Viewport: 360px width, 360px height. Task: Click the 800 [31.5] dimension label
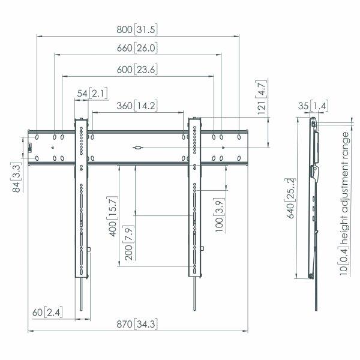137,29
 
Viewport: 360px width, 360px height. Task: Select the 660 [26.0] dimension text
137,48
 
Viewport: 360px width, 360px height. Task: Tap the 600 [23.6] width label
137,70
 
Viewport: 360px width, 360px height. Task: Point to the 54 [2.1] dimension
92,94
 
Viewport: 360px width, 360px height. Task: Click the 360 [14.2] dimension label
137,106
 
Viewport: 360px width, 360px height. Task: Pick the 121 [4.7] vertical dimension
261,97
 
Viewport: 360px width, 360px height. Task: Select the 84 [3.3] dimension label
16,177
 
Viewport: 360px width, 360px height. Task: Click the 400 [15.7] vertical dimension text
113,216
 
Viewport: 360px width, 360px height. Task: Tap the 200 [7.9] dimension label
128,242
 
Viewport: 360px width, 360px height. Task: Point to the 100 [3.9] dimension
219,215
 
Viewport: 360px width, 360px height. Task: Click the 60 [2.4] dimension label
47,312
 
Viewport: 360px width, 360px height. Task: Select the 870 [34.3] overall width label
137,324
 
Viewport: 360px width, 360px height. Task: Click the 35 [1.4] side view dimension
313,106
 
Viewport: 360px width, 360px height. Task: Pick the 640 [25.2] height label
290,199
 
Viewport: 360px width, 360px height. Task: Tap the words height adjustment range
344,188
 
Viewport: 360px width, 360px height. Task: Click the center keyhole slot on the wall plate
138,148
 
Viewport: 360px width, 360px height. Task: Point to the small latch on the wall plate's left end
29,148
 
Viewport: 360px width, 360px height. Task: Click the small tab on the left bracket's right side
89,250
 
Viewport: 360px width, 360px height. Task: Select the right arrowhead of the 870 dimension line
245,331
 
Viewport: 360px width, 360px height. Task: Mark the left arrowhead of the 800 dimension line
40,36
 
